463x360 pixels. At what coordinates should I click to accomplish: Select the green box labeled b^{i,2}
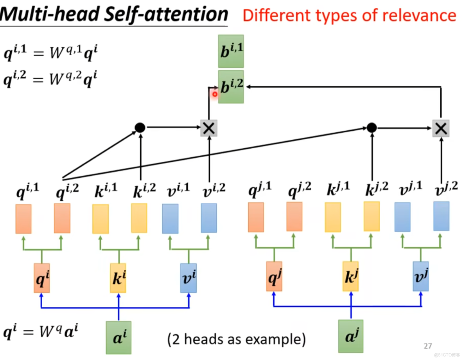pos(231,87)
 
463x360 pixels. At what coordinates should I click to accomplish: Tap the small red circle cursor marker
pos(215,94)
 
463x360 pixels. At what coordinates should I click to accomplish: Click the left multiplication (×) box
pos(209,128)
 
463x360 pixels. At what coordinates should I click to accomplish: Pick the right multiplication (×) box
pos(441,128)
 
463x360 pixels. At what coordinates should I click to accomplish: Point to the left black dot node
pos(140,127)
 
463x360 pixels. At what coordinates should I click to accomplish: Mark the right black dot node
pos(371,127)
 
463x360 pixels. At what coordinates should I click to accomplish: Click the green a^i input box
pos(118,337)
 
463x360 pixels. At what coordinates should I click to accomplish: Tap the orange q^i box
pos(41,278)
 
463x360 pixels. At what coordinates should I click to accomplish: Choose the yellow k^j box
pos(350,276)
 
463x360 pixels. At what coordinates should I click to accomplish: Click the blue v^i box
pos(188,278)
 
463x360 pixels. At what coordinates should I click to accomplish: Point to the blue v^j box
pos(420,276)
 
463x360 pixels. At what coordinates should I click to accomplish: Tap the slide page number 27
pos(428,346)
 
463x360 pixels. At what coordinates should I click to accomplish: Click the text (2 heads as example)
pos(236,339)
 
